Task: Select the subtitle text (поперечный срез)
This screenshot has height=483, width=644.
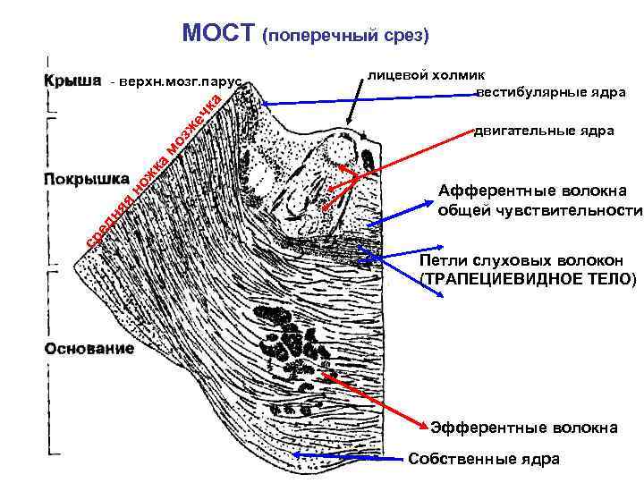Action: click(345, 37)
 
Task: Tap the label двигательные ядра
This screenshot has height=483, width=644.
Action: click(544, 131)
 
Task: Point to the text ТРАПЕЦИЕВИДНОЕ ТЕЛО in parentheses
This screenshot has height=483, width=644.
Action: click(529, 279)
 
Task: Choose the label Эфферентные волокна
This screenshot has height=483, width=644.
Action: click(523, 428)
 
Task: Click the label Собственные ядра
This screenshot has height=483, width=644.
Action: click(483, 459)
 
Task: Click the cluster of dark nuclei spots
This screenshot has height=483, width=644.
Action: click(286, 341)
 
